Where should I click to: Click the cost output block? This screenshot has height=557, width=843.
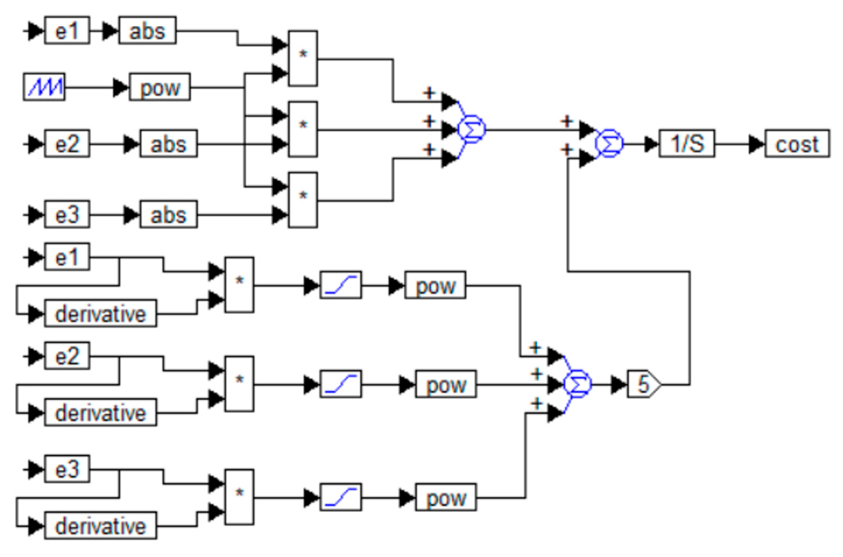coord(796,144)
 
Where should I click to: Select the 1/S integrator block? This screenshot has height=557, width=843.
coord(686,144)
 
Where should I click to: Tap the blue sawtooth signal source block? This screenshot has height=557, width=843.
coord(44,87)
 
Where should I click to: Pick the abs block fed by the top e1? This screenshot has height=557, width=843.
coord(147,31)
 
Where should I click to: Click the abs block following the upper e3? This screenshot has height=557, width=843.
coord(168,214)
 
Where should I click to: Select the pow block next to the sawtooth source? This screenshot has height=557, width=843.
coord(159,87)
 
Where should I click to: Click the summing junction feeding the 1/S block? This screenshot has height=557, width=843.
coord(609,144)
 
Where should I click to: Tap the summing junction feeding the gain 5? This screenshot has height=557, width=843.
coord(578,384)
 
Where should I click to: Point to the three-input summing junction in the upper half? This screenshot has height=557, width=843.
coord(472,129)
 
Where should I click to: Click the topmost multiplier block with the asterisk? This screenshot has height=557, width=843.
coord(303,59)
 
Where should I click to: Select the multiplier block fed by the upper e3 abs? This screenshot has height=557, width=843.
coord(303,200)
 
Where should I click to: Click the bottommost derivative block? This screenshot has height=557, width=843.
coord(100,526)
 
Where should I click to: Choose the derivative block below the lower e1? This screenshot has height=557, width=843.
coord(100,313)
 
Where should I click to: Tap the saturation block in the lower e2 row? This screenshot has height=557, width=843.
coord(341,384)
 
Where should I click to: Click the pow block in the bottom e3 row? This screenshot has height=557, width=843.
coord(446,498)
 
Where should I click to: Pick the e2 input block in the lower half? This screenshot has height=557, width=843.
coord(67,356)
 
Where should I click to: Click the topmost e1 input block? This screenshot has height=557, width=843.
coord(67,31)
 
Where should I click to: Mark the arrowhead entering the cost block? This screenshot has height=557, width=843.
coord(757,144)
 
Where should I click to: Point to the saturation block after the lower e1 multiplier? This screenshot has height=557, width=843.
coord(341,285)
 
